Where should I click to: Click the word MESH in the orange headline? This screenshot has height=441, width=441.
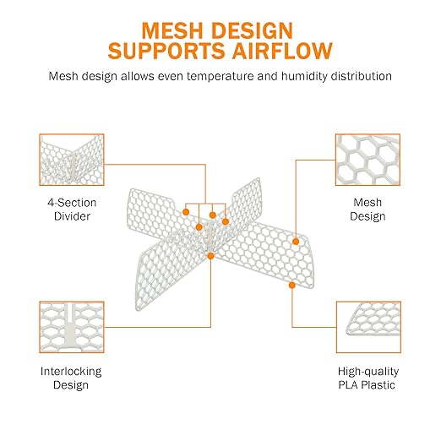(172, 30)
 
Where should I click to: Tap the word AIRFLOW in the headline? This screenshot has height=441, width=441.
(283, 51)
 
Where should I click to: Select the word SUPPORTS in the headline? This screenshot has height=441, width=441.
(166, 51)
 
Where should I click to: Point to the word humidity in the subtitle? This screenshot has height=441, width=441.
(304, 77)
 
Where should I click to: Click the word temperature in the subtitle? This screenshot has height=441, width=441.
(220, 77)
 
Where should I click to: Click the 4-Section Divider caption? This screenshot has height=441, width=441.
(72, 210)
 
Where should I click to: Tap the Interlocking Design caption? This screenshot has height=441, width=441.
(71, 378)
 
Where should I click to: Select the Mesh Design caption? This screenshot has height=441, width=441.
(367, 210)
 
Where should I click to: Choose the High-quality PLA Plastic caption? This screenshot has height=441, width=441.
(368, 378)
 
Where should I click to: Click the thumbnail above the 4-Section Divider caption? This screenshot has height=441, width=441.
(72, 160)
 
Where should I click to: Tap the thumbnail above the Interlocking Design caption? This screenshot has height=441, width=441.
(72, 327)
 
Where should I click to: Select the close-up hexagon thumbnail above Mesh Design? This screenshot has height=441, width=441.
(367, 160)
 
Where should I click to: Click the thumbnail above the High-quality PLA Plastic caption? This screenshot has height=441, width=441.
(368, 327)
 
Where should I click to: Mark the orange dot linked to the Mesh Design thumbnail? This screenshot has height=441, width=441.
(296, 242)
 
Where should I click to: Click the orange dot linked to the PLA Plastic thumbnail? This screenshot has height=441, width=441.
(292, 285)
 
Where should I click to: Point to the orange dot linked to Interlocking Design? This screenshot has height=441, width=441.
(210, 256)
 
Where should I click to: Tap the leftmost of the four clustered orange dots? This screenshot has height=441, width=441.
(186, 212)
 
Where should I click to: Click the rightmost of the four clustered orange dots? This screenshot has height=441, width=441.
(226, 221)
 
